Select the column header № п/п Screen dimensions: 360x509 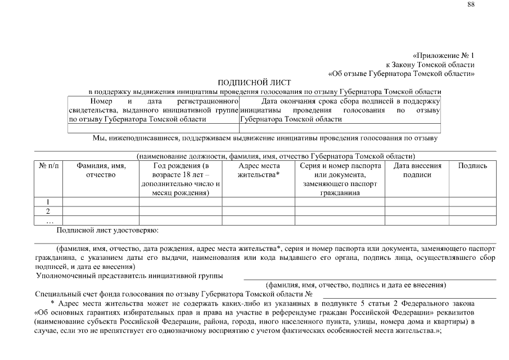48,166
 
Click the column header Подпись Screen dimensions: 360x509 472,166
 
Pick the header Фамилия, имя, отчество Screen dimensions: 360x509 101,170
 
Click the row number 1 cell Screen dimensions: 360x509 48,202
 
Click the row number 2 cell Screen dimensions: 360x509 48,211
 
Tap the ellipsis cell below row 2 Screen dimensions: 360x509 48,220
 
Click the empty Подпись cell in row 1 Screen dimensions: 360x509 472,202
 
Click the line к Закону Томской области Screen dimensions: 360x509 430,65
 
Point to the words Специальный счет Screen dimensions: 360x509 63,294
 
